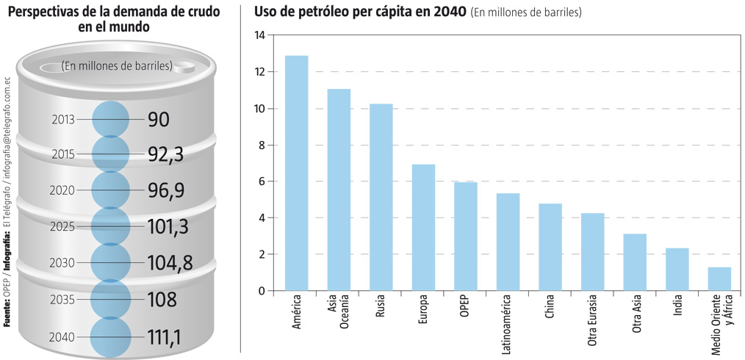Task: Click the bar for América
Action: (296, 173)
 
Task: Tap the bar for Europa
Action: (423, 228)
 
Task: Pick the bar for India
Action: (677, 270)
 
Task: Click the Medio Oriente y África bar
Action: (719, 279)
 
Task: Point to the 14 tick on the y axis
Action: (259, 35)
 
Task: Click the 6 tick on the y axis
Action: (262, 181)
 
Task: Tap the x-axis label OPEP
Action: (464, 309)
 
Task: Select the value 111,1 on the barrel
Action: (165, 336)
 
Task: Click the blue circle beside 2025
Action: (111, 227)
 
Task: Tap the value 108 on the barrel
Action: (162, 300)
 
